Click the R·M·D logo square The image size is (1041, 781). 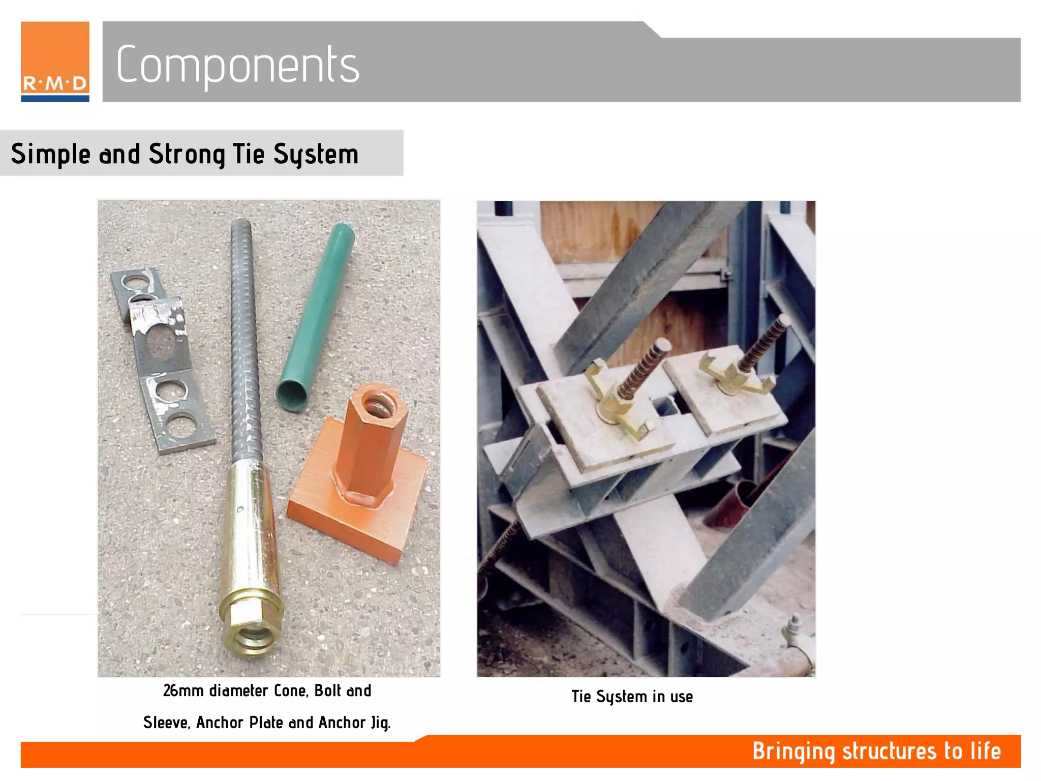pos(55,61)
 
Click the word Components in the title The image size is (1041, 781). pos(237,65)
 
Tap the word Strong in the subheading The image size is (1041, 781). pos(187,154)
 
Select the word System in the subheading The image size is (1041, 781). pos(316,154)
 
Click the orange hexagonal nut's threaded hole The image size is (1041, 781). pos(376,406)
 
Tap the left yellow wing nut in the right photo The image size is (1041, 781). pos(618,402)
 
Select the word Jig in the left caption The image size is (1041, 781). pos(380,723)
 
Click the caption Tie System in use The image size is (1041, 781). pos(632,696)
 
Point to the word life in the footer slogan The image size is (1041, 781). pos(985,751)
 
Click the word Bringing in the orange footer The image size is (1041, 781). pos(793,752)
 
